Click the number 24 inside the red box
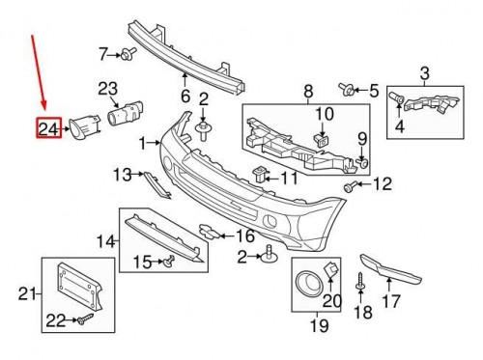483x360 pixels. coord(47,127)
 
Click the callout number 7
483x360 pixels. coord(103,52)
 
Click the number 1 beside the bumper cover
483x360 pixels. coord(143,143)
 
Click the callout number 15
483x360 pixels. coord(142,262)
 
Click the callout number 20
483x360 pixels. coord(331,301)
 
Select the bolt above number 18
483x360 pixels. coord(360,282)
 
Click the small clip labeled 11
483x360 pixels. coord(260,175)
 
